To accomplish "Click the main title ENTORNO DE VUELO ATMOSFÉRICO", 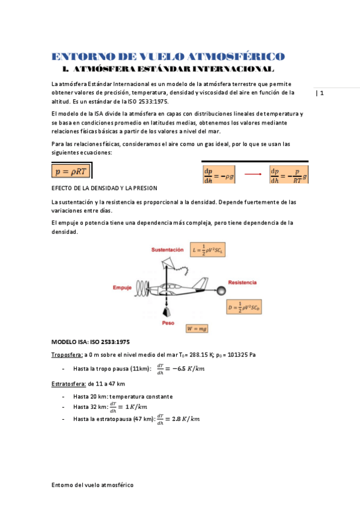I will point(168,57).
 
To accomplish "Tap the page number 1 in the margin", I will point(322,93).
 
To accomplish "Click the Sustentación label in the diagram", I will point(167,249).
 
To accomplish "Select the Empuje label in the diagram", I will point(122,288).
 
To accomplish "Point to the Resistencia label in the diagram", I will point(242,282).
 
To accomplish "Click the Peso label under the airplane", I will point(168,323).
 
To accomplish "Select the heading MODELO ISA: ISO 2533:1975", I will point(91,342).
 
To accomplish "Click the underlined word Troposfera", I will point(67,355).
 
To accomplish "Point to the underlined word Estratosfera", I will point(69,384).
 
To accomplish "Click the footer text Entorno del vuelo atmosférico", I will point(93,484).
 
